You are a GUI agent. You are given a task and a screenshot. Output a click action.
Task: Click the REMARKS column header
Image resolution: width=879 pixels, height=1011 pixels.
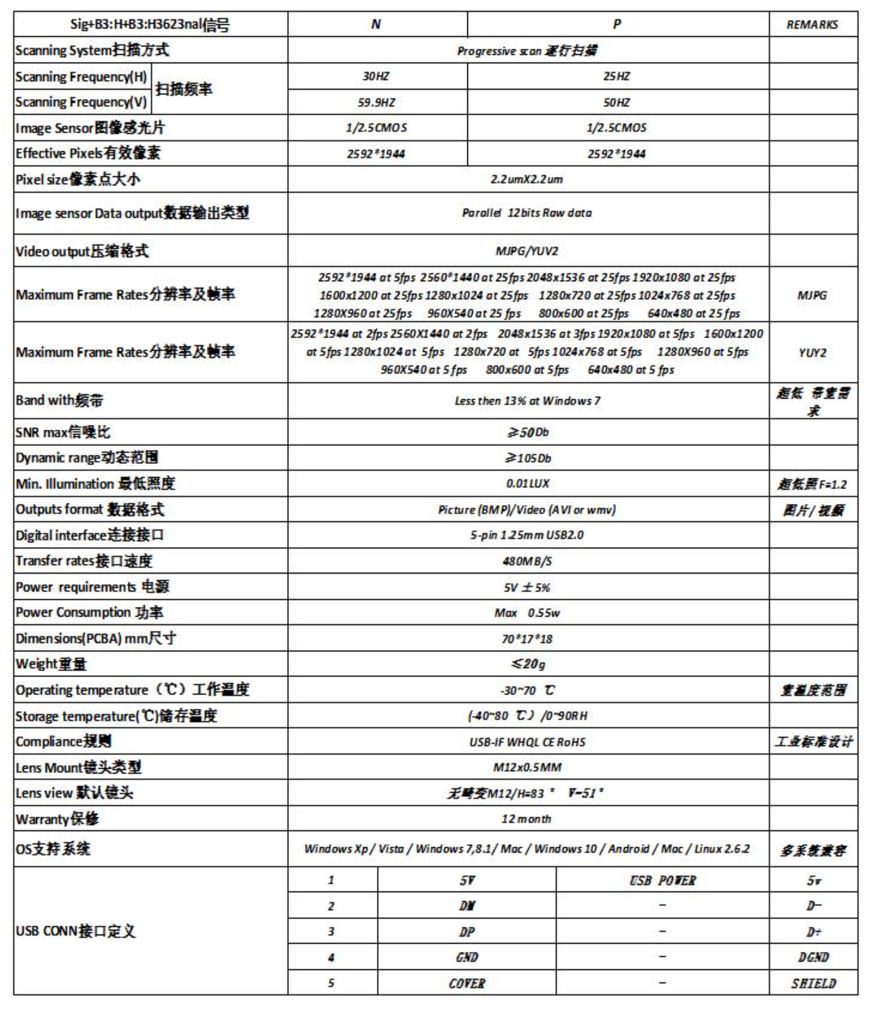pos(812,25)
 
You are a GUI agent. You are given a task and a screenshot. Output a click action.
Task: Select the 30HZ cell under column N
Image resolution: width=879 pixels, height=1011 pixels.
pos(376,76)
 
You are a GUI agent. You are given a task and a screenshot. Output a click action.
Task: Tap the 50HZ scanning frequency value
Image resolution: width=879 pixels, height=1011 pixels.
pos(616,102)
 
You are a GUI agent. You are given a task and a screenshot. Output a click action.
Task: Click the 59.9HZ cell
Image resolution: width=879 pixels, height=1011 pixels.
pos(376,102)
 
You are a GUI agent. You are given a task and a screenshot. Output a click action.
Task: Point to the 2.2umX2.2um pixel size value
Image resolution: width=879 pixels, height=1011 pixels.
pos(527,179)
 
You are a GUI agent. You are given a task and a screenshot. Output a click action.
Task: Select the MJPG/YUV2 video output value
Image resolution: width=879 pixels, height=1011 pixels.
pos(527,251)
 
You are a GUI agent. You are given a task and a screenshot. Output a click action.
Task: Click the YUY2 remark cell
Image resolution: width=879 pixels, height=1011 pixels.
pos(812,352)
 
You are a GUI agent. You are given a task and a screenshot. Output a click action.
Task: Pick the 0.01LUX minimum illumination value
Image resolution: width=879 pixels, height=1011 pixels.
pos(527,483)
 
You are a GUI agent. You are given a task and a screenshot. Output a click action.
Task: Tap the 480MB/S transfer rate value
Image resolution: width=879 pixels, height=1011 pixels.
pos(527,561)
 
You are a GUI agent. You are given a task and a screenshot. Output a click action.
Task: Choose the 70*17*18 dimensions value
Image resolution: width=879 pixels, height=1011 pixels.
pos(527,639)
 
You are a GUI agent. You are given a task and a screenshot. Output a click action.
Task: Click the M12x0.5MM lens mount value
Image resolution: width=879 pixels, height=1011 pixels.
pos(527,767)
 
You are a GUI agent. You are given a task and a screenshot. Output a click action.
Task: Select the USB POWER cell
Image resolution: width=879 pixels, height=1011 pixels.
pos(662,880)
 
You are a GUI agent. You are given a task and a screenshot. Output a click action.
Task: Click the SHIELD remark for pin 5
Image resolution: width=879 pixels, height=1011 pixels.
pos(813,983)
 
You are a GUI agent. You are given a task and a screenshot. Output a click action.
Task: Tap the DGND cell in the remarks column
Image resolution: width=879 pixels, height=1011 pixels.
pos(813,957)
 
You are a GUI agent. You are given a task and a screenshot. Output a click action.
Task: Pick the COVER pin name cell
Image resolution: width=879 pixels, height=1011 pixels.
pos(467,983)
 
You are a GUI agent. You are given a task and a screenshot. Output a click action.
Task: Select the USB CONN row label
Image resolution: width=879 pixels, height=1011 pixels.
pos(75,931)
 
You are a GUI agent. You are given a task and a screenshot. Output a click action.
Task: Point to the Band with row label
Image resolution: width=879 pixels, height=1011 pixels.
pos(59,401)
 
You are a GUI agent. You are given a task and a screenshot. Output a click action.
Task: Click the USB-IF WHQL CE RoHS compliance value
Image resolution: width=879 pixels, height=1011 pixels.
pos(527,742)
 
